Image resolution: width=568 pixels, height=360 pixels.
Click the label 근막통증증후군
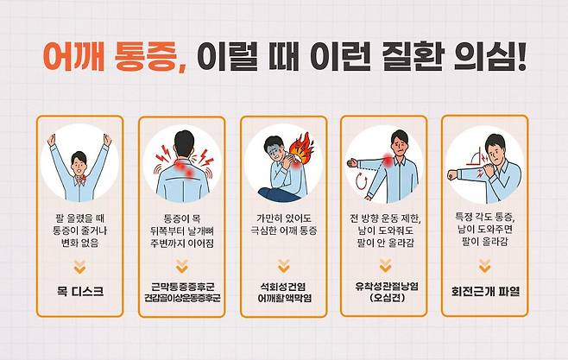180,284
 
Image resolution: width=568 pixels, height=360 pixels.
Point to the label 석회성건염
283,284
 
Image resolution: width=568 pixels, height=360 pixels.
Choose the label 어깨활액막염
283,298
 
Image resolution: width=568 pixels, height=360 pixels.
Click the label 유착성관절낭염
385,285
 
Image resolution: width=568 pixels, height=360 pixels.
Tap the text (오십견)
385,299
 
